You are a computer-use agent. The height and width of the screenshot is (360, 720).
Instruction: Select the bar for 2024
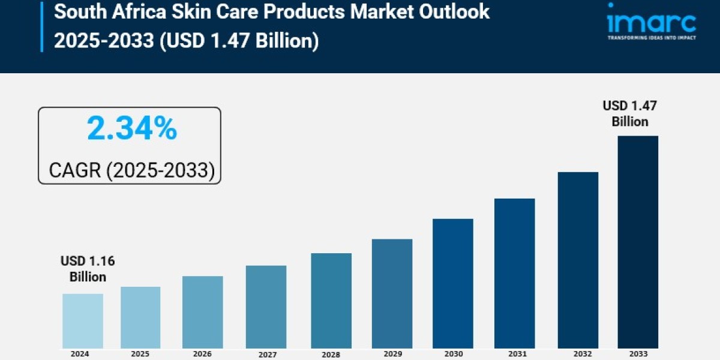83,321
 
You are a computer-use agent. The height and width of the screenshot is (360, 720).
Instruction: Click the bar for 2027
266,307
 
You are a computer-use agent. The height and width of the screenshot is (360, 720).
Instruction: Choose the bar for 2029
392,293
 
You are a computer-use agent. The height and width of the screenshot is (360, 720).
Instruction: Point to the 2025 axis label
140,353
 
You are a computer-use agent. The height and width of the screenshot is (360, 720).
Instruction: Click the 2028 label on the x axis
331,354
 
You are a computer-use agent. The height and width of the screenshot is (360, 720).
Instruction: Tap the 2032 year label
577,353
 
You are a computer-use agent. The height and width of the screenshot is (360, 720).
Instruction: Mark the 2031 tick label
515,353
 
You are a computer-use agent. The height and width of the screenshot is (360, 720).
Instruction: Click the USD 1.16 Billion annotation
88,269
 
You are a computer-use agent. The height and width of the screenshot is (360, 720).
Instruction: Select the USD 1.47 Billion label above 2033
630,114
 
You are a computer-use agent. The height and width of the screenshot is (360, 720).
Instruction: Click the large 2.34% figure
132,129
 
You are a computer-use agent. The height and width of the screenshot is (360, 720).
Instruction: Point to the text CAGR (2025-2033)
131,170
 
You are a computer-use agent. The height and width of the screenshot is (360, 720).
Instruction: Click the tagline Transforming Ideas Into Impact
650,38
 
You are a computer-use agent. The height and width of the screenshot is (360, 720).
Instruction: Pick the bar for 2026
203,312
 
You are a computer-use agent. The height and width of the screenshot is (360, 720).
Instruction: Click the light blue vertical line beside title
42,27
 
